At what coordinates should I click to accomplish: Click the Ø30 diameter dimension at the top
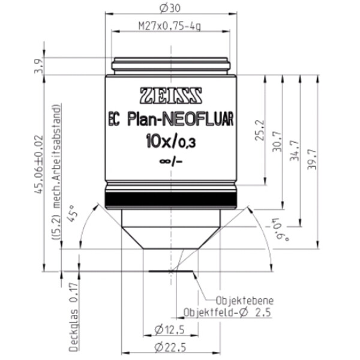(x=170, y=8)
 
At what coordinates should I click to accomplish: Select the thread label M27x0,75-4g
(x=170, y=26)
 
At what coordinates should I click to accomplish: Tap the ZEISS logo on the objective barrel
(x=171, y=95)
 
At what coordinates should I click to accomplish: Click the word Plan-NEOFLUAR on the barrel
(x=181, y=119)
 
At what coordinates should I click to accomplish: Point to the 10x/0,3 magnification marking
(x=171, y=141)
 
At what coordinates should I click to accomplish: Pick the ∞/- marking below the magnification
(x=171, y=161)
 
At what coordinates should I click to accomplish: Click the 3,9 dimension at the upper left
(x=38, y=66)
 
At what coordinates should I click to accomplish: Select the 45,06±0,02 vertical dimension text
(x=38, y=164)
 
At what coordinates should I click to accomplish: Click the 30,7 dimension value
(x=277, y=142)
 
